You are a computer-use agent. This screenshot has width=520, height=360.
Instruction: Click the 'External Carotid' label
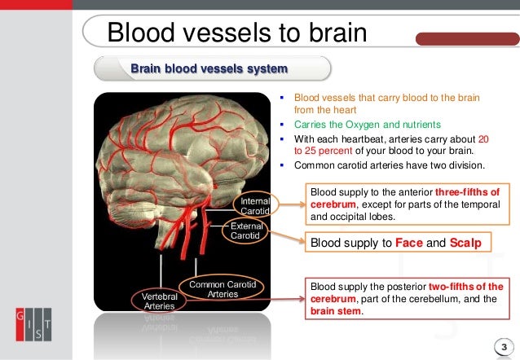pos(245,230)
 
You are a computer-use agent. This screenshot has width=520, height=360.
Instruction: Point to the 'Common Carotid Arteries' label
pos(223,288)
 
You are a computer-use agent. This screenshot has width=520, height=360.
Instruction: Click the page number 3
pos(504,348)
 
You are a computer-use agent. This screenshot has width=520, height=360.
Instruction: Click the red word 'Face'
pos(408,242)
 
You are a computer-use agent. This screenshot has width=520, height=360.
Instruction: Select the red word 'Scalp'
pos(465,242)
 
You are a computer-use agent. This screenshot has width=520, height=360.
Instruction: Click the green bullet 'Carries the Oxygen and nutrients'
pos(367,125)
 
